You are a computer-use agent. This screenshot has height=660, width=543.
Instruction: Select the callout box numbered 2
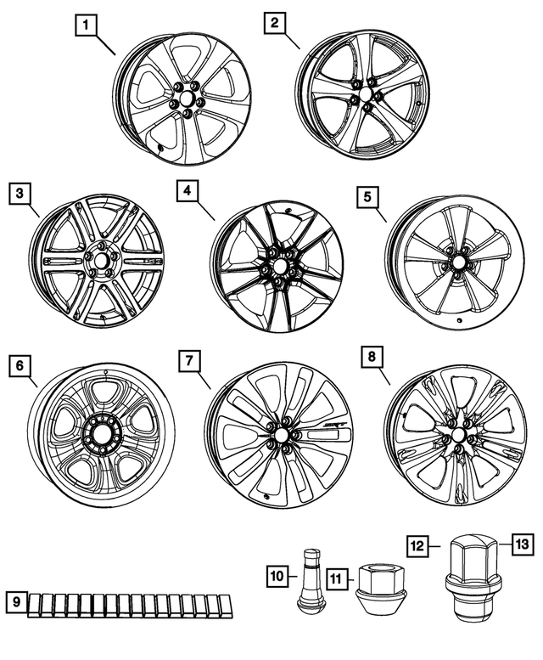click(273, 23)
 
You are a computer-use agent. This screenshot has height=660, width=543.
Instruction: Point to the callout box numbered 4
click(186, 192)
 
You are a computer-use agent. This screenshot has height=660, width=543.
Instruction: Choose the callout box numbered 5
click(367, 197)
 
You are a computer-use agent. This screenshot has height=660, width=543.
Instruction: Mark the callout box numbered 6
click(19, 366)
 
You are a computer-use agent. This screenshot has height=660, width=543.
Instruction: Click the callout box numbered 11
click(336, 580)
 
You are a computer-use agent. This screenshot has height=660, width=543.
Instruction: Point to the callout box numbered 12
click(416, 544)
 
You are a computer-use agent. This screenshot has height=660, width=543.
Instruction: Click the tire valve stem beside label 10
click(307, 582)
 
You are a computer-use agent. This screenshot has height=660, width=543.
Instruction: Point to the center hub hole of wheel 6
click(101, 431)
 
